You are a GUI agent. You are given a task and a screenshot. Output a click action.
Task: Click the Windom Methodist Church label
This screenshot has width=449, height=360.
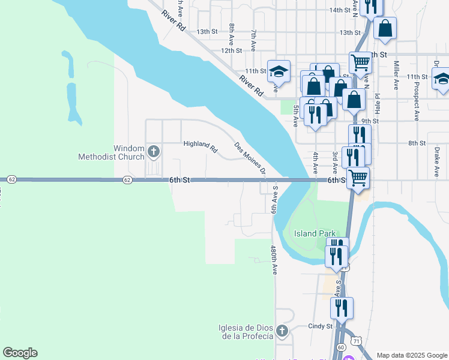112,152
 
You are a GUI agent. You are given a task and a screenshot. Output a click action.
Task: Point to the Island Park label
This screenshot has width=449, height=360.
314,233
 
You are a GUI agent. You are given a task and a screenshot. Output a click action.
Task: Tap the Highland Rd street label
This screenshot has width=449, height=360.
200,145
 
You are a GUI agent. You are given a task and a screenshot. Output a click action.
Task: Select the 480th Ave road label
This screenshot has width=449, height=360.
274,260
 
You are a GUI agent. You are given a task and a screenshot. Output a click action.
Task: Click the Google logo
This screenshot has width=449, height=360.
20,353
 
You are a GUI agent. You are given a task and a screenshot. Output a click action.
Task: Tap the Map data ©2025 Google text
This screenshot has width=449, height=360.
411,355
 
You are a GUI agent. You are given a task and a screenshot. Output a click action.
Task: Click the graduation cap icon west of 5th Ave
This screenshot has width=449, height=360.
278,71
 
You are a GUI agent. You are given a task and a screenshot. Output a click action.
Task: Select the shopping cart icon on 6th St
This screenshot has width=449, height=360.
358,178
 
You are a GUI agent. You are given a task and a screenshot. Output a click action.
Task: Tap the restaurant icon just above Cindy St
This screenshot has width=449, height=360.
342,308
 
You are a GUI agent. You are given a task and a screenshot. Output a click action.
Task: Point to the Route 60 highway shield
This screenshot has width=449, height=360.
341,347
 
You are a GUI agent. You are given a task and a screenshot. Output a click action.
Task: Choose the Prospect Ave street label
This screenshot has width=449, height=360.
415,98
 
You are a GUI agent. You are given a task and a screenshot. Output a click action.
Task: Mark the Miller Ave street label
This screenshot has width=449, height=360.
396,75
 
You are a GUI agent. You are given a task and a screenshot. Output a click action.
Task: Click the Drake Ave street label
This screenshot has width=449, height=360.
437,163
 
